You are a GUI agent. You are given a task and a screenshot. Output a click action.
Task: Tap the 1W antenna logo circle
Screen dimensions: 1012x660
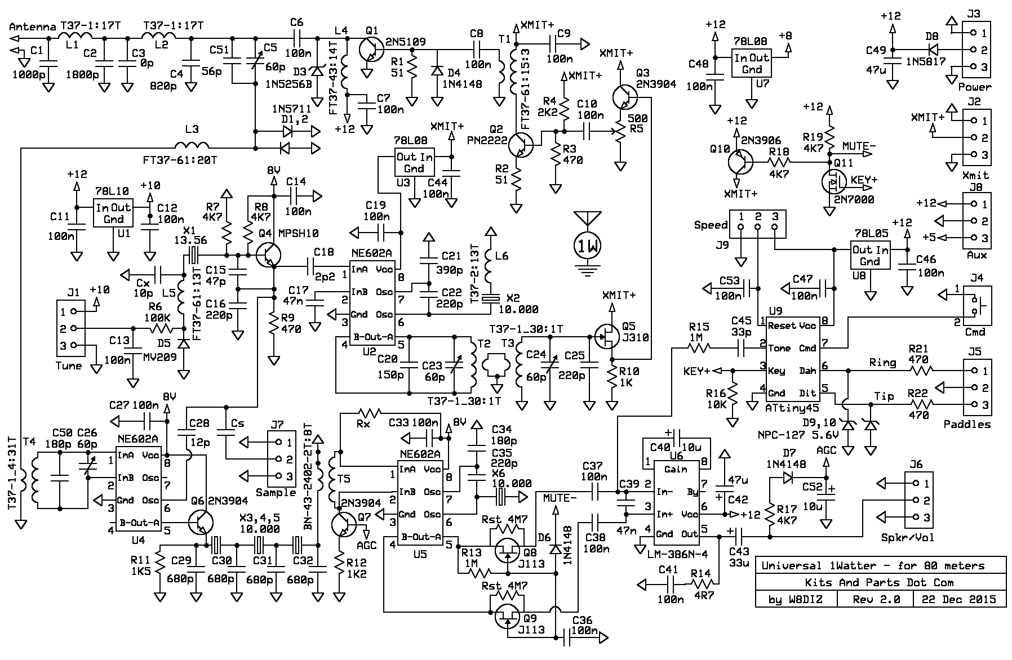click(587, 246)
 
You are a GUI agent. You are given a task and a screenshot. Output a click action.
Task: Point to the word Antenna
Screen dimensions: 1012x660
click(33, 26)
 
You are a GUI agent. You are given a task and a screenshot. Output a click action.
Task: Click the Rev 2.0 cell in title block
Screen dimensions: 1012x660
click(875, 599)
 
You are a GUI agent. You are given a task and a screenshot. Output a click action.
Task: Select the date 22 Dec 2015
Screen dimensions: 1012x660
click(960, 599)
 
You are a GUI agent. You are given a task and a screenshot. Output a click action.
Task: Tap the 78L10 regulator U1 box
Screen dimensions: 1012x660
click(113, 212)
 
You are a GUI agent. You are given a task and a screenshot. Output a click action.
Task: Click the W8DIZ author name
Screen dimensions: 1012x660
click(802, 599)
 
